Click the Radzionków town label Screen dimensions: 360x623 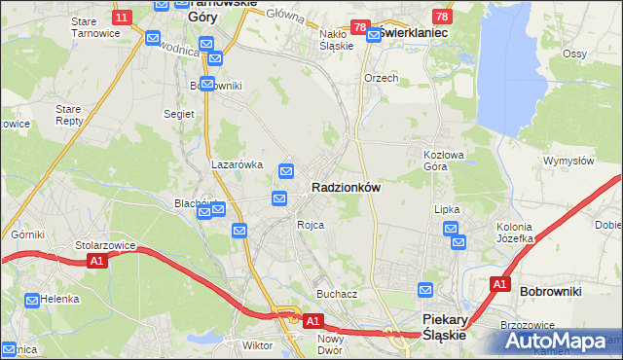(x=346, y=186)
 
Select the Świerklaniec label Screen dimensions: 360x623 (x=415, y=32)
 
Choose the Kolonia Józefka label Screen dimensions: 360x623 (x=515, y=233)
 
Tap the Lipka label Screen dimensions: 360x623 (x=447, y=209)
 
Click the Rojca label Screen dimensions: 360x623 (x=311, y=225)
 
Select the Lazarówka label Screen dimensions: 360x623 (x=238, y=164)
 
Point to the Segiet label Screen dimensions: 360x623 (x=179, y=114)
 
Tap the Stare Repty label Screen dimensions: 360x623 (x=69, y=116)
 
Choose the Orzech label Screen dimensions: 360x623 (x=381, y=78)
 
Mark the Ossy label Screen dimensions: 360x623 (x=574, y=54)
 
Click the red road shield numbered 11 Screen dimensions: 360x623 (x=122, y=18)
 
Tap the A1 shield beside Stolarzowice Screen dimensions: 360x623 (x=95, y=262)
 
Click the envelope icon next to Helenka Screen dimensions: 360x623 (x=33, y=300)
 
